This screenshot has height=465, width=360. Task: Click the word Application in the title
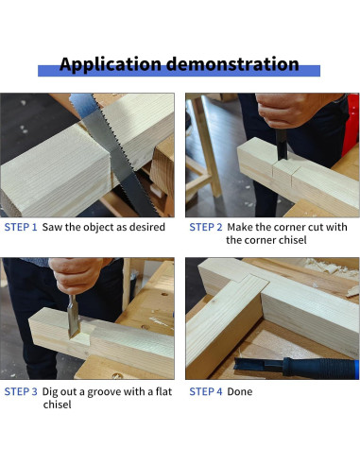(111, 64)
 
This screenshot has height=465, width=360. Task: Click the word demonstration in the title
(232, 63)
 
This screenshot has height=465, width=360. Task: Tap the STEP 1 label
(21, 227)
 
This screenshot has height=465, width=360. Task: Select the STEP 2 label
(206, 227)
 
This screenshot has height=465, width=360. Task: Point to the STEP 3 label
(21, 391)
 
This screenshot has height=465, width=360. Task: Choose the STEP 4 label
(206, 391)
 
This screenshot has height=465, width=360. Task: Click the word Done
(240, 391)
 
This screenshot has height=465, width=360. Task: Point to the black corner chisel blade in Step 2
(282, 145)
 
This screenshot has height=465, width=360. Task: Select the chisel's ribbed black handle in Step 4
(319, 368)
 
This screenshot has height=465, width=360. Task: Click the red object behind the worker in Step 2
(351, 125)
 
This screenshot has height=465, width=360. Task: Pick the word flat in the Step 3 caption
(163, 391)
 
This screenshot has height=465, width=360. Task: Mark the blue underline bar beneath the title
(179, 71)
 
